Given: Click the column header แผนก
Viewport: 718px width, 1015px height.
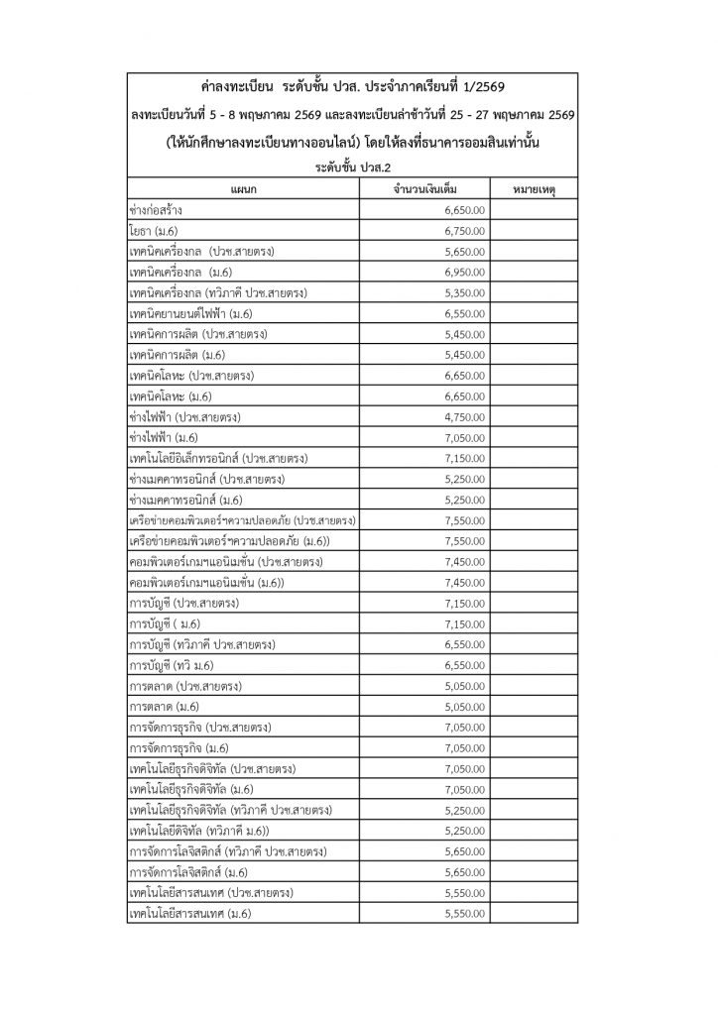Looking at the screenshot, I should (242, 189).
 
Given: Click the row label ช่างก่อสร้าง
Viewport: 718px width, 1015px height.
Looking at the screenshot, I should (156, 210).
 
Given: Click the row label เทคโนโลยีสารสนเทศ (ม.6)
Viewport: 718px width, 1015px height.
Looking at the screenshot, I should (189, 913).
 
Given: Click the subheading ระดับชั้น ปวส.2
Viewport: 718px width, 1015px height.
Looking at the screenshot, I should (358, 169).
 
